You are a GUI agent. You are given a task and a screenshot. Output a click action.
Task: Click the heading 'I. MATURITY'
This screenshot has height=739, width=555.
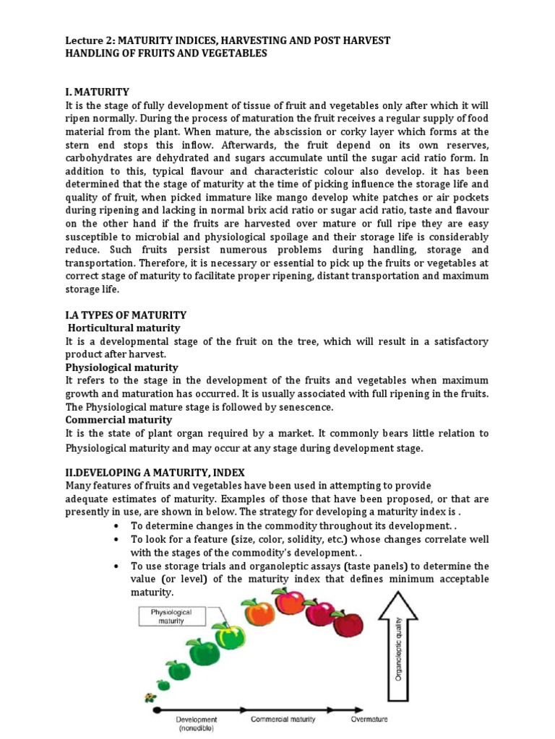(98, 92)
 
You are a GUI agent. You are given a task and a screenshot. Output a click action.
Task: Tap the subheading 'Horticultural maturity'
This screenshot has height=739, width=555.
(124, 328)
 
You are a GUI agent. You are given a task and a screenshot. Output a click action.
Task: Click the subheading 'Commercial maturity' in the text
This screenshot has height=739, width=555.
(119, 419)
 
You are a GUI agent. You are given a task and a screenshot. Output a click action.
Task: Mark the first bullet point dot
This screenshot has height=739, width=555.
(116, 526)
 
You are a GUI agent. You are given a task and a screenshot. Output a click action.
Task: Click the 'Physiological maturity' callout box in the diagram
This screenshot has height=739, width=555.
(172, 616)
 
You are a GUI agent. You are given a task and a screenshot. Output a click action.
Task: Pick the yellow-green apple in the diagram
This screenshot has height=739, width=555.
(231, 634)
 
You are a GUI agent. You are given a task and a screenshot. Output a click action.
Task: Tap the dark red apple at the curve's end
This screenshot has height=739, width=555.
(348, 622)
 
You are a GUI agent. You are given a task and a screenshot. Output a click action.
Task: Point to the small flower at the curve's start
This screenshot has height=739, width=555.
(150, 698)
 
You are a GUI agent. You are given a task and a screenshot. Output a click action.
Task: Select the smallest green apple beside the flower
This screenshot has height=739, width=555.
(164, 684)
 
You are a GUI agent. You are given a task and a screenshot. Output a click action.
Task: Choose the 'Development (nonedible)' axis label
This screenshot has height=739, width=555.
(196, 724)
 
